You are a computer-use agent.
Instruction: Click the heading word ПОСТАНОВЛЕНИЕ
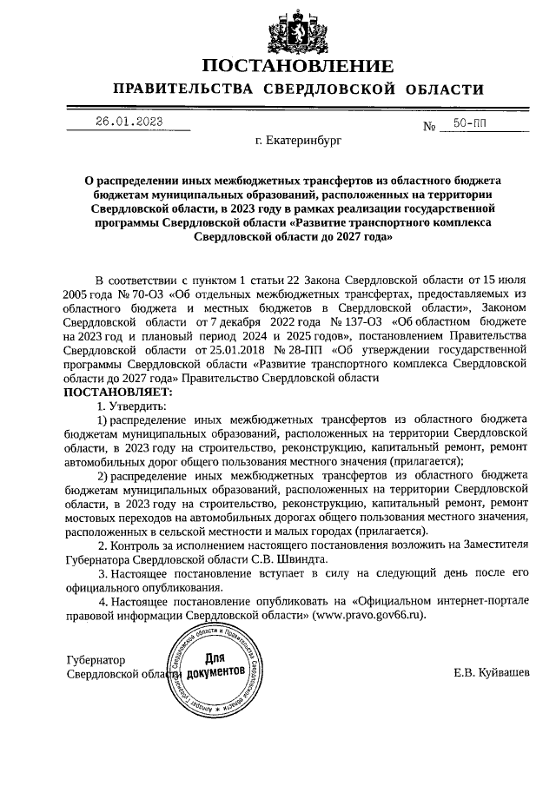click(298, 66)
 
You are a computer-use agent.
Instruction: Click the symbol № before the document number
click(428, 128)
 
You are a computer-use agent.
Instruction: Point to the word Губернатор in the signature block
click(96, 660)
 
